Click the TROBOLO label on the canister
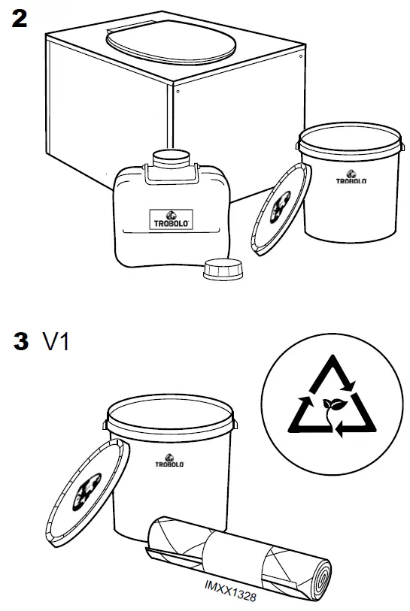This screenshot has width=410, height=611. click(x=171, y=219)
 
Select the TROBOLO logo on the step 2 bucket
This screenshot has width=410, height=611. click(x=351, y=178)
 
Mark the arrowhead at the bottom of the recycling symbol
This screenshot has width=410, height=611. click(x=339, y=430)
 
